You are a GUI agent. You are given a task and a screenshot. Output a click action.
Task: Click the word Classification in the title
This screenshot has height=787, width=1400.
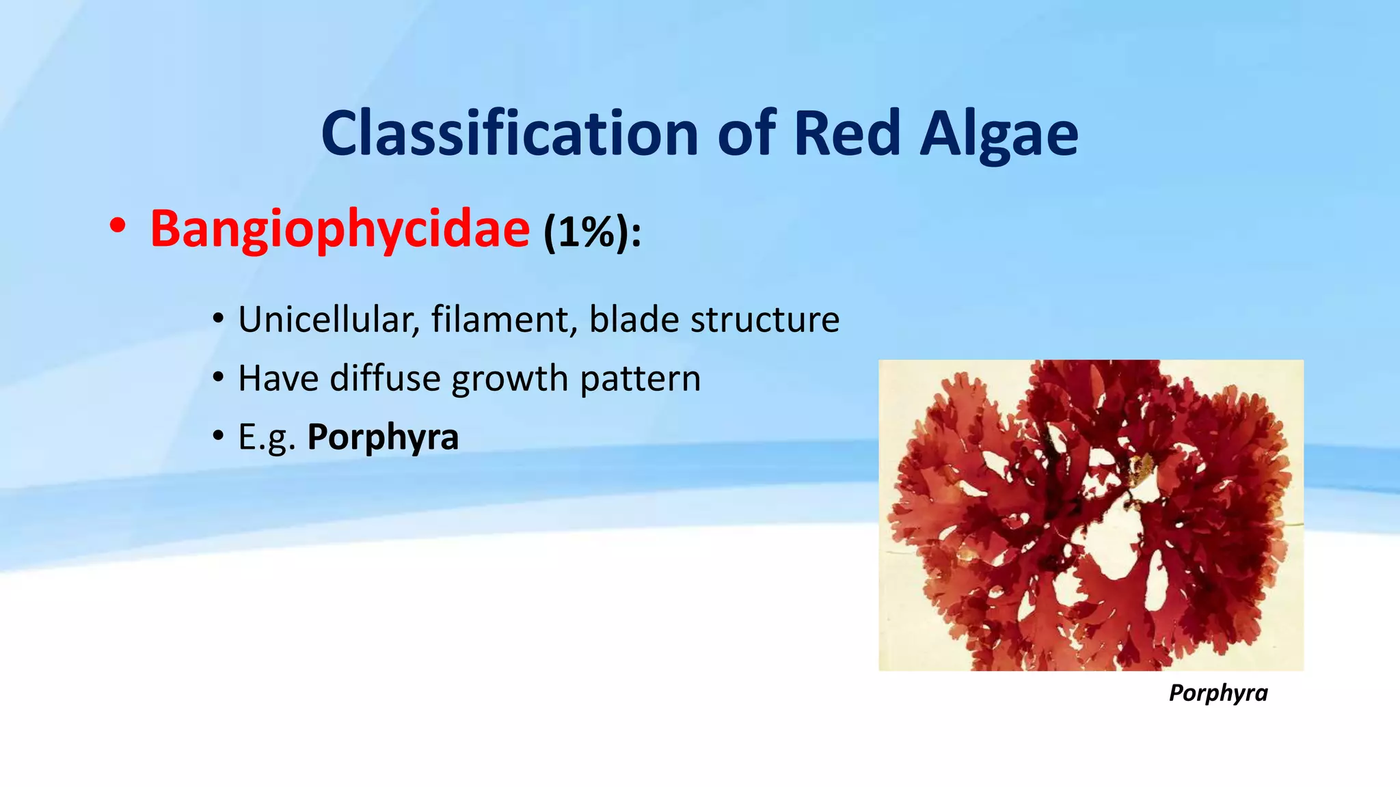[509, 133]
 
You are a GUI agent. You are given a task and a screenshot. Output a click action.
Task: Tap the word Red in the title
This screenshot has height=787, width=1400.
[847, 133]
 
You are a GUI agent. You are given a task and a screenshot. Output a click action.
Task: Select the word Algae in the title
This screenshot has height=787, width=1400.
[999, 135]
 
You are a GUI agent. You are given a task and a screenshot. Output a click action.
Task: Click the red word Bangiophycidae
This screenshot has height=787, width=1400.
[340, 229]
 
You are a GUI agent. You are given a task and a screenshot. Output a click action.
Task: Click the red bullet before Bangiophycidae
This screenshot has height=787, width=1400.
[118, 227]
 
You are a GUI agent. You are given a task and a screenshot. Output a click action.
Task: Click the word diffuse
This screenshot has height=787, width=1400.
[385, 378]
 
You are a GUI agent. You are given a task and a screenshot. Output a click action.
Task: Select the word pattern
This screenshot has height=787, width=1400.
[640, 379]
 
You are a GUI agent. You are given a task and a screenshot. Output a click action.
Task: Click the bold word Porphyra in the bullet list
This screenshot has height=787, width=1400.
[383, 438]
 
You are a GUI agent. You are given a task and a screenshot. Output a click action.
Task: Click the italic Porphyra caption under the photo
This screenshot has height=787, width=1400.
[1217, 693]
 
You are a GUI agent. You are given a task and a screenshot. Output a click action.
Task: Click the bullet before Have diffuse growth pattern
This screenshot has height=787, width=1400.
[218, 378]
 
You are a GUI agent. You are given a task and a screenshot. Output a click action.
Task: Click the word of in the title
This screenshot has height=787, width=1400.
[746, 133]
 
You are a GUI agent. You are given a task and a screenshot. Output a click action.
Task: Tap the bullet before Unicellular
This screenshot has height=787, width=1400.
[218, 319]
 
